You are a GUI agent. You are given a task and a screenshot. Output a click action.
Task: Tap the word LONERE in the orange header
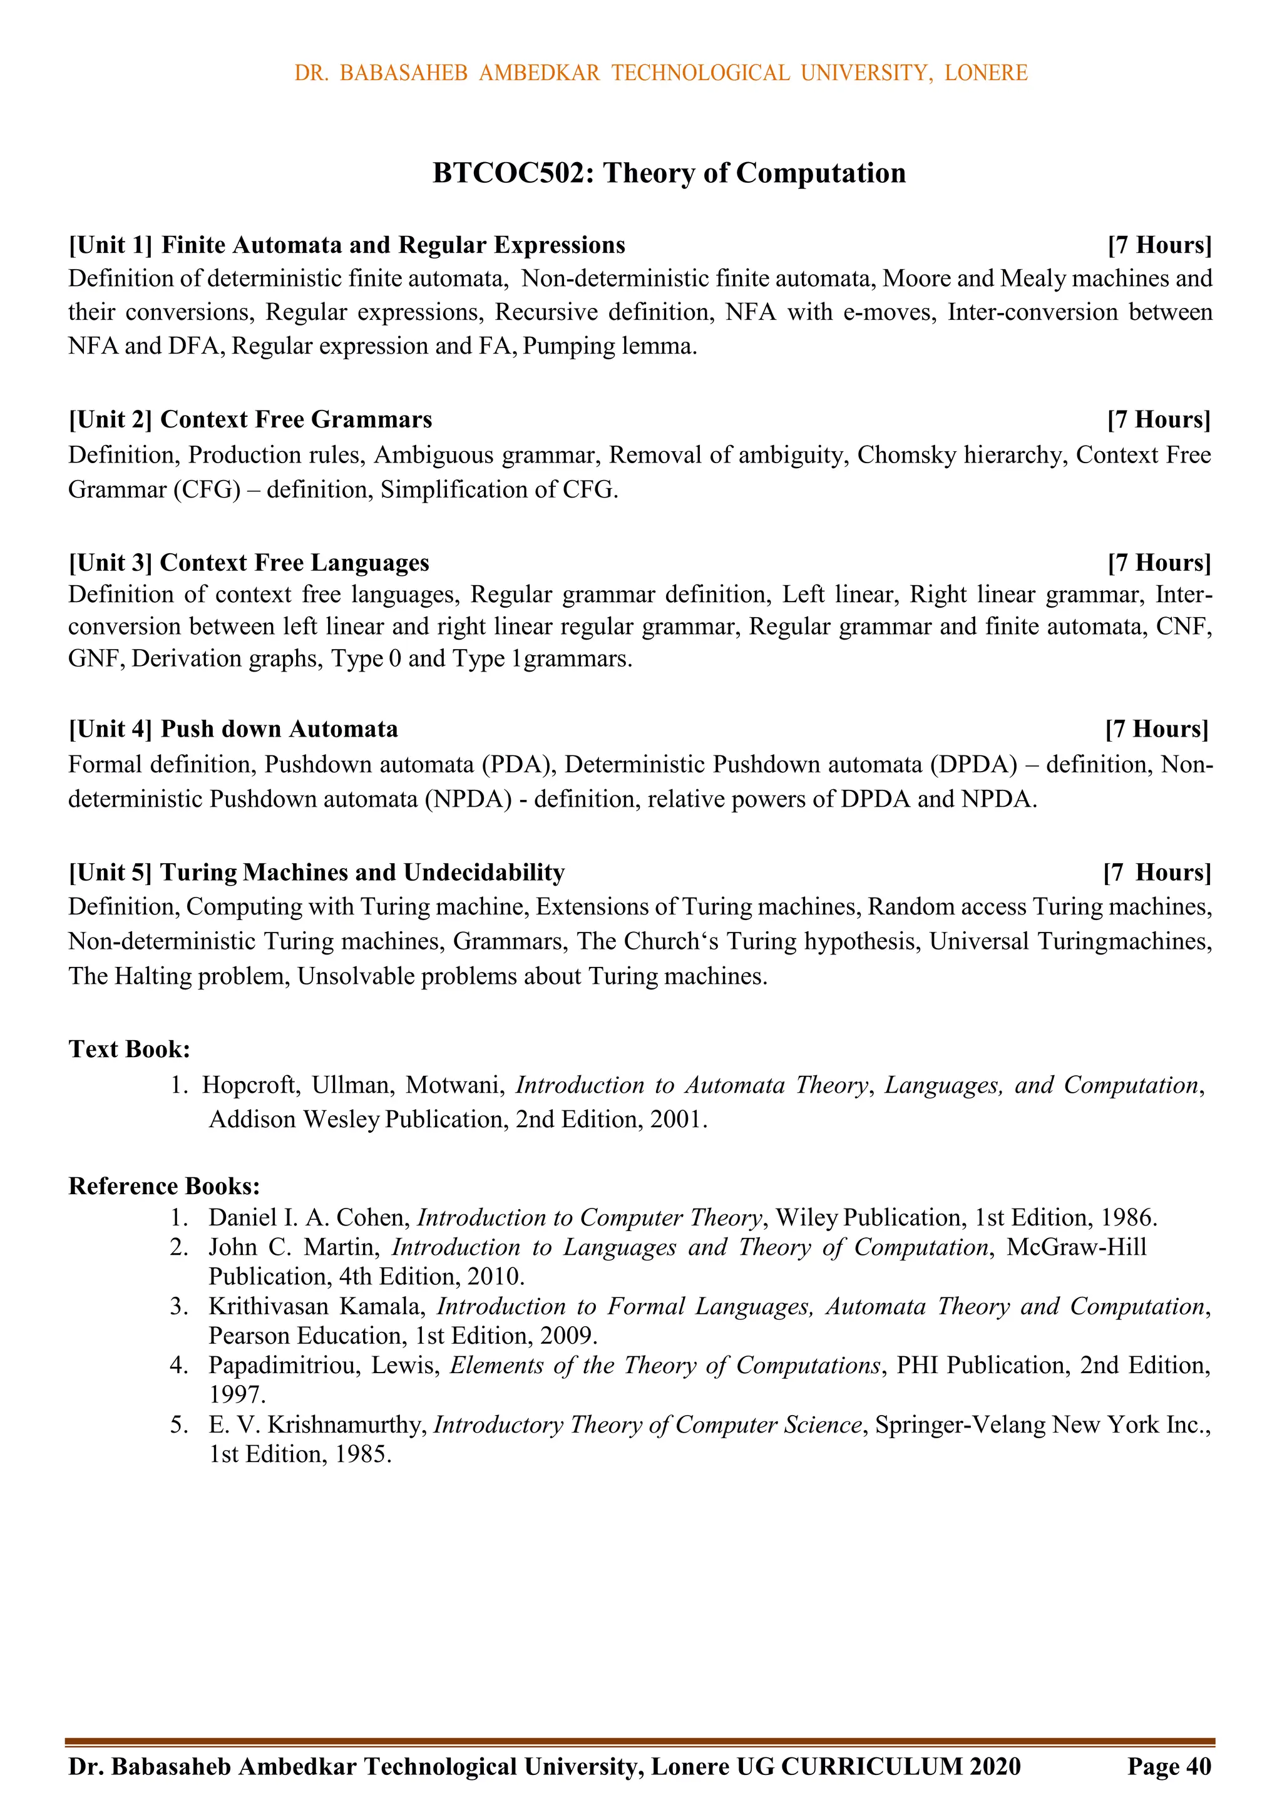(x=985, y=73)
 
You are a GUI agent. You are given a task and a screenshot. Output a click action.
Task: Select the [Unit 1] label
(x=110, y=245)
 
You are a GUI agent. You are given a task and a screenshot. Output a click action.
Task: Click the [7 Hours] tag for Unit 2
(x=1158, y=420)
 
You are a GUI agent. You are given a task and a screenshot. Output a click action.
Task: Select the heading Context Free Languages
(x=294, y=563)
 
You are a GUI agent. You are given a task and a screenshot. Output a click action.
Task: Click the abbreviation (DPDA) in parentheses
(x=973, y=764)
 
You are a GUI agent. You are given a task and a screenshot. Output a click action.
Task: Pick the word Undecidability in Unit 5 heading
(x=484, y=872)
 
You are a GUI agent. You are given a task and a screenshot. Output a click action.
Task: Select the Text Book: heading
(x=129, y=1049)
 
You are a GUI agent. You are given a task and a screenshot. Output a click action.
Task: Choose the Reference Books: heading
(x=165, y=1186)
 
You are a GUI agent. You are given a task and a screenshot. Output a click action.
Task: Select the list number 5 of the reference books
(x=178, y=1424)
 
